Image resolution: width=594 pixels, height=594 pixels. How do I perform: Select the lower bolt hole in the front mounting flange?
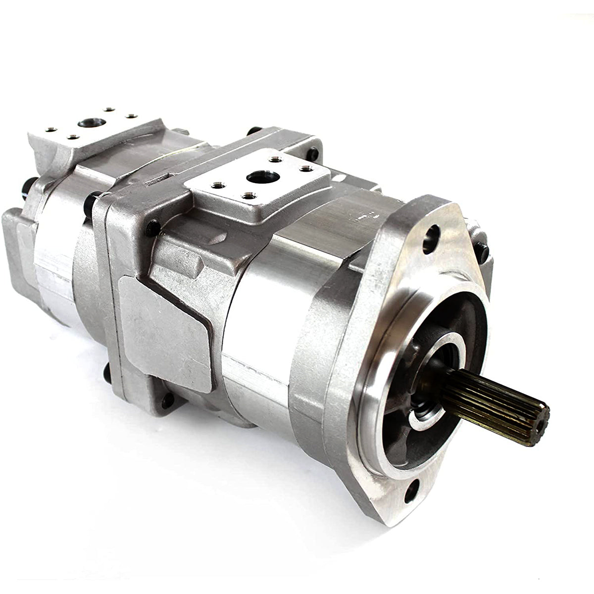pyautogui.click(x=412, y=491)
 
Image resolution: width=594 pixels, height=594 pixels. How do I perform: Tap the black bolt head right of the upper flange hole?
pyautogui.click(x=481, y=252)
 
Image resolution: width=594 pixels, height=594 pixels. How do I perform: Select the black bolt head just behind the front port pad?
pyautogui.click(x=313, y=153)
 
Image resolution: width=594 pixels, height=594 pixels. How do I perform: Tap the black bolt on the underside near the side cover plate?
pyautogui.click(x=167, y=400)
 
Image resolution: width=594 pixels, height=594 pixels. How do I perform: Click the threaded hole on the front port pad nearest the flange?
pyautogui.click(x=307, y=169)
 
